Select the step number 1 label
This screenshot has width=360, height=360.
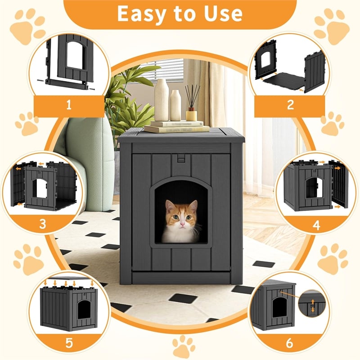(x=69, y=106)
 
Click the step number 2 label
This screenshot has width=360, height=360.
(x=290, y=106)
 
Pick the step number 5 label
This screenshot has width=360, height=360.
(x=69, y=342)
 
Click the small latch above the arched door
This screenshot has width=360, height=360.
(x=180, y=159)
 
